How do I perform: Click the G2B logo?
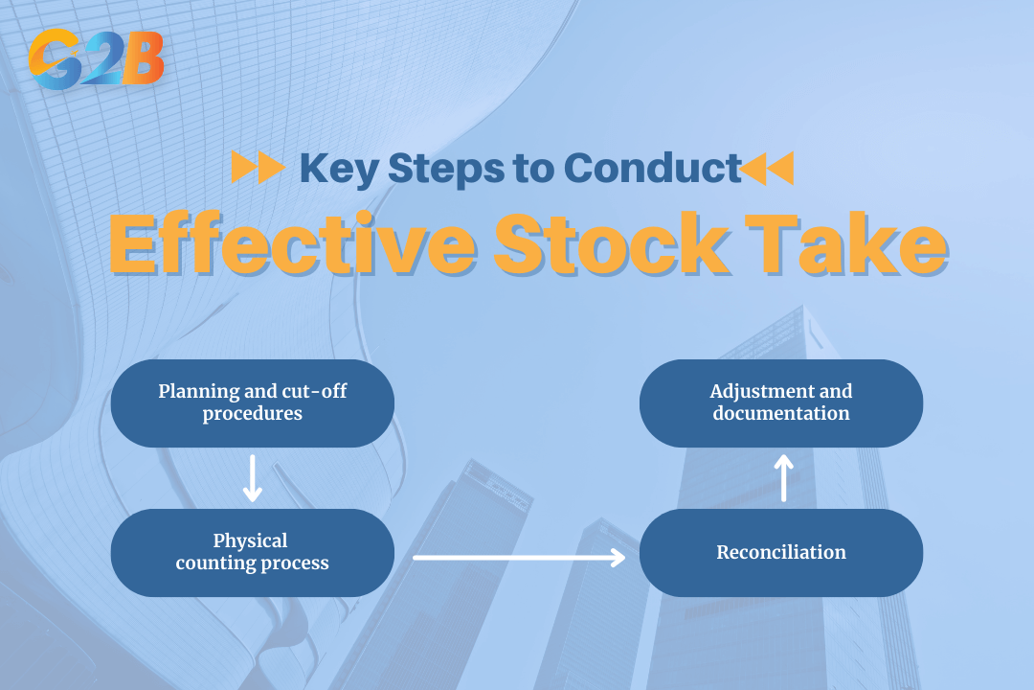click(96, 59)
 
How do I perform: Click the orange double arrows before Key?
click(258, 169)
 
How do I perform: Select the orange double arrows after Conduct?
click(768, 169)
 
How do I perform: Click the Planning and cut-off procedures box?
click(253, 402)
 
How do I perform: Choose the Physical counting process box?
click(253, 552)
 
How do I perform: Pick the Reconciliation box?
click(781, 552)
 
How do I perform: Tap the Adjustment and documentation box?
click(781, 402)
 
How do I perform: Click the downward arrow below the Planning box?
click(253, 478)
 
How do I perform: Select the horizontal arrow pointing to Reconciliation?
click(518, 555)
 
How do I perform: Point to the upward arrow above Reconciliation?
click(783, 477)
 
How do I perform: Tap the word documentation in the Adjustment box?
click(781, 414)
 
